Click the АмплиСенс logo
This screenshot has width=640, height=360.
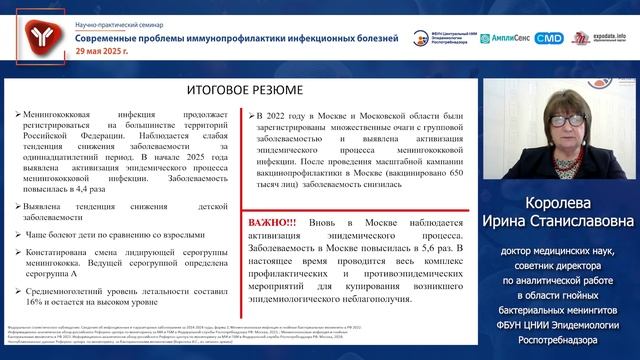coord(503,38)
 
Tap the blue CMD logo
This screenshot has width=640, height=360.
coord(549,38)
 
